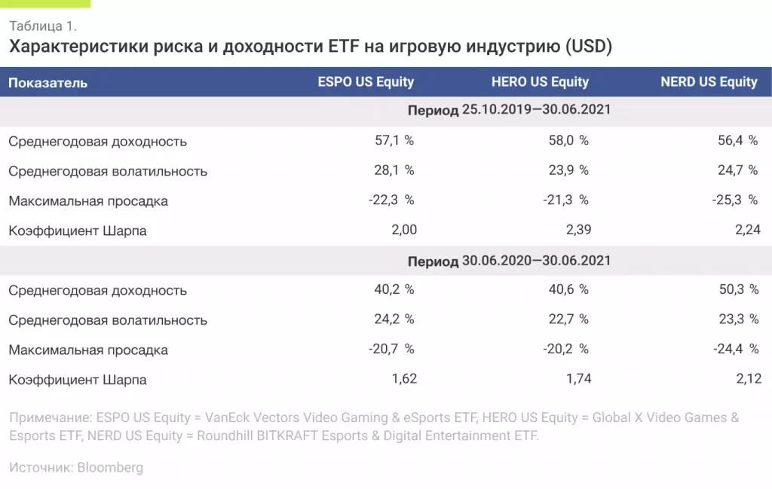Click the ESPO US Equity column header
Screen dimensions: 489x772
pyautogui.click(x=366, y=82)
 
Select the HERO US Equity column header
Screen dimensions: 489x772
pyautogui.click(x=540, y=82)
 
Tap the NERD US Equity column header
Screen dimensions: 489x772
pyautogui.click(x=709, y=82)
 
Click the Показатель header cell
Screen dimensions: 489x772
pyautogui.click(x=48, y=83)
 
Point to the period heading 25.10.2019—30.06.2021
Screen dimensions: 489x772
pyautogui.click(x=509, y=110)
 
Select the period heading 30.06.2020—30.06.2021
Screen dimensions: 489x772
pyautogui.click(x=509, y=261)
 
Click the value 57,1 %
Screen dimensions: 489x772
pyautogui.click(x=394, y=141)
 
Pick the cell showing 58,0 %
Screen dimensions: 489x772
pyautogui.click(x=568, y=141)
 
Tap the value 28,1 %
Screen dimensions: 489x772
pyautogui.click(x=394, y=170)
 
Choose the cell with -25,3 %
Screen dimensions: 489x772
pyautogui.click(x=735, y=200)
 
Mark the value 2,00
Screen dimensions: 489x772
pyautogui.click(x=403, y=230)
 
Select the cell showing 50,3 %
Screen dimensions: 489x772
pyautogui.click(x=738, y=290)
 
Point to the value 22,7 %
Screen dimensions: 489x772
pyautogui.click(x=568, y=319)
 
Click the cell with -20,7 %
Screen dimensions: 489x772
pyautogui.click(x=391, y=350)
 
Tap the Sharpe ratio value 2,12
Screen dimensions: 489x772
pyautogui.click(x=749, y=379)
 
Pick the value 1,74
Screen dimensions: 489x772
pyautogui.click(x=578, y=379)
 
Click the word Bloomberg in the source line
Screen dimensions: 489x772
pyautogui.click(x=110, y=468)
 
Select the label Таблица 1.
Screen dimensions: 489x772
pyautogui.click(x=43, y=26)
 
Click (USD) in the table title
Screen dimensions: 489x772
pyautogui.click(x=588, y=47)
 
